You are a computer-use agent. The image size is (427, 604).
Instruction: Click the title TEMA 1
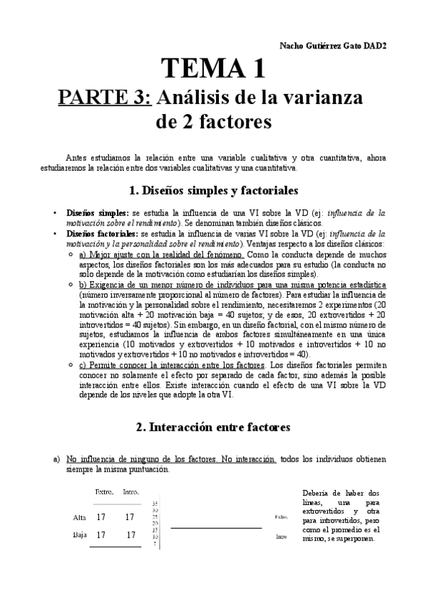pos(213,68)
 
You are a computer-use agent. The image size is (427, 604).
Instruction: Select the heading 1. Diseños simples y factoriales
pos(213,191)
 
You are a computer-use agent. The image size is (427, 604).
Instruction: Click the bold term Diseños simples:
pos(96,213)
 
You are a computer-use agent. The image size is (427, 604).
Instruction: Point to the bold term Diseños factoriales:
pos(101,233)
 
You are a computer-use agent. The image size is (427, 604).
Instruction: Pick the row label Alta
pos(81,517)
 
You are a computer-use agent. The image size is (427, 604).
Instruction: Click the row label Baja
pos(80,534)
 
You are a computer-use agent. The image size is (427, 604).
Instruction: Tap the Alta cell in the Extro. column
pos(103,517)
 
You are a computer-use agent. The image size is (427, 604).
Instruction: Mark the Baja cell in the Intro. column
pos(130,535)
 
